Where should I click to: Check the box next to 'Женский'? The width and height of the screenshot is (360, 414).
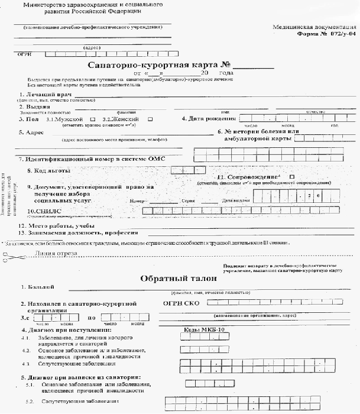coord(150,119)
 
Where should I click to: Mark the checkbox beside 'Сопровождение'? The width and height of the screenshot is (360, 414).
coord(291,176)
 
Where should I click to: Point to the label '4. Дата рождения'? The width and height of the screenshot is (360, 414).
coord(209,119)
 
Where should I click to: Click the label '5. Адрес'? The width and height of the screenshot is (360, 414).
coord(31,132)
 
